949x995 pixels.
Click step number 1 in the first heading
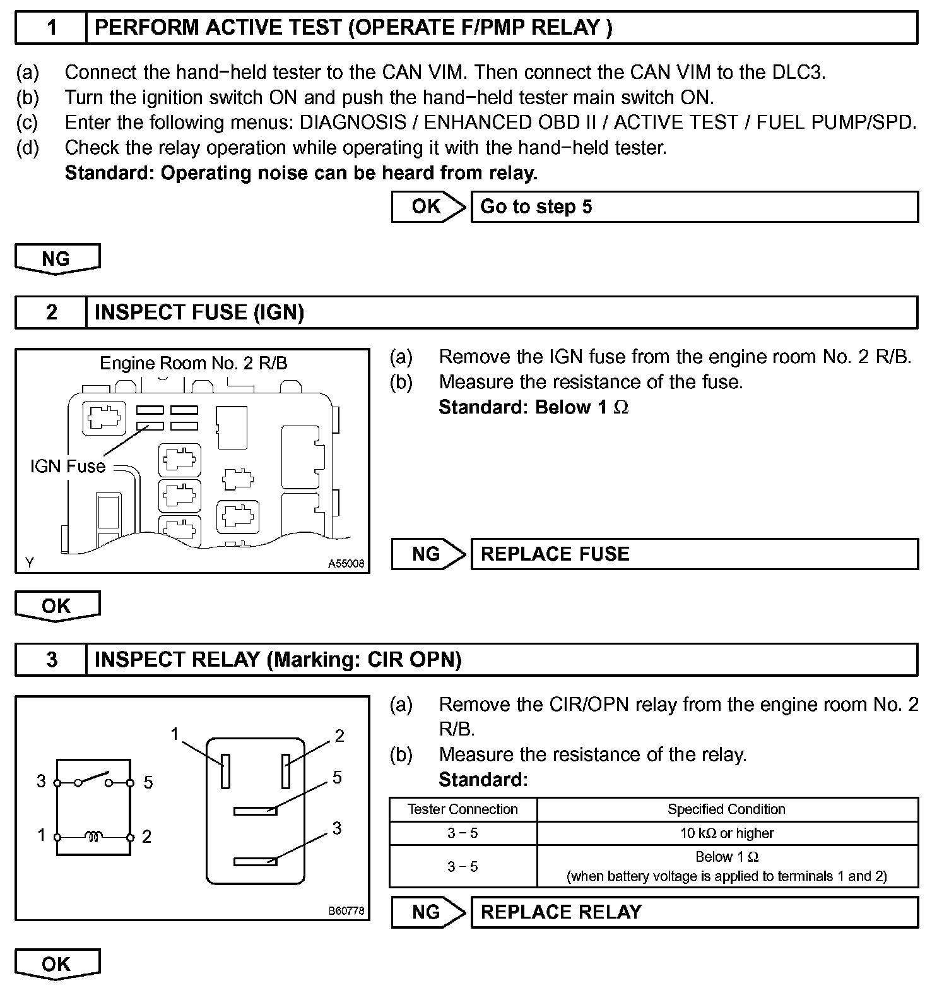click(51, 28)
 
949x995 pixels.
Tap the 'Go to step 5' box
click(694, 207)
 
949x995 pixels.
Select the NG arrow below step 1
click(57, 259)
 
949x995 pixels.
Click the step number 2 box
click(51, 313)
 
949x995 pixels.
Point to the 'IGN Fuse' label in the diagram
click(68, 467)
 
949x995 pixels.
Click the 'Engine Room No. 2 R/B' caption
click(193, 364)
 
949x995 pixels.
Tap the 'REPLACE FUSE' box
click(694, 554)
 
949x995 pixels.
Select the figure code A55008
click(346, 564)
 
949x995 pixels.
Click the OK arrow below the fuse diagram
click(57, 606)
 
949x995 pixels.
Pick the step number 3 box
click(51, 660)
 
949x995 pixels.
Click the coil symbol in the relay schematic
click(94, 837)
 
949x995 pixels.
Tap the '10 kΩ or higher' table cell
click(727, 833)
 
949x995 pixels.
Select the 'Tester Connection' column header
click(463, 809)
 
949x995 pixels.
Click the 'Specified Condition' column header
click(727, 809)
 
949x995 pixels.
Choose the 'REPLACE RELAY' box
click(694, 912)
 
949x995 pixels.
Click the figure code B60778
click(346, 911)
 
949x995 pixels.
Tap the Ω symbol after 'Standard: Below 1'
click(622, 408)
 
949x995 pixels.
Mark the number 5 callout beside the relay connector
click(337, 777)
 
